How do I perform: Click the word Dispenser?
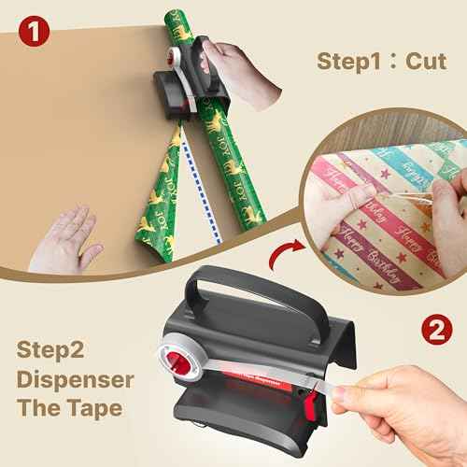(75, 383)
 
